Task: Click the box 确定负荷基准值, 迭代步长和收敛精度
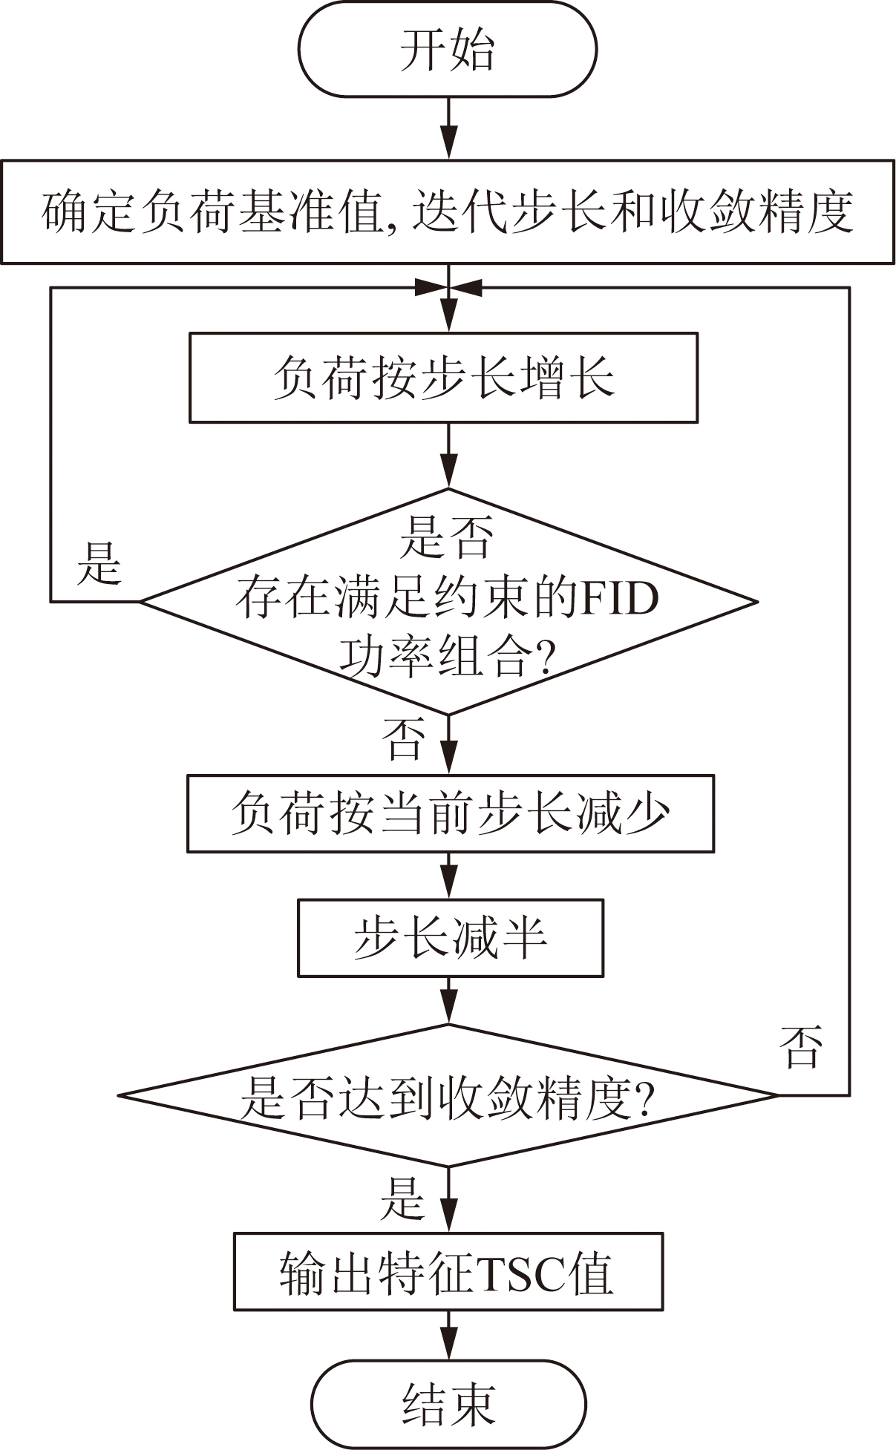[x=448, y=212]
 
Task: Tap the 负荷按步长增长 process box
[x=443, y=378]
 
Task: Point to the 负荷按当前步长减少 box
[x=450, y=813]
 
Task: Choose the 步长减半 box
[x=450, y=938]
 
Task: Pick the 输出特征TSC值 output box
[x=448, y=1273]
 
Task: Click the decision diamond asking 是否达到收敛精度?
[x=448, y=1095]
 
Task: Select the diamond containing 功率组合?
[x=448, y=601]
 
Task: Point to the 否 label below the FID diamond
[x=404, y=738]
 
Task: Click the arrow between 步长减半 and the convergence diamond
[x=448, y=1000]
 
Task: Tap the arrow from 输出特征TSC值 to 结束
[x=448, y=1335]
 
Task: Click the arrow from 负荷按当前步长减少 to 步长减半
[x=448, y=876]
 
